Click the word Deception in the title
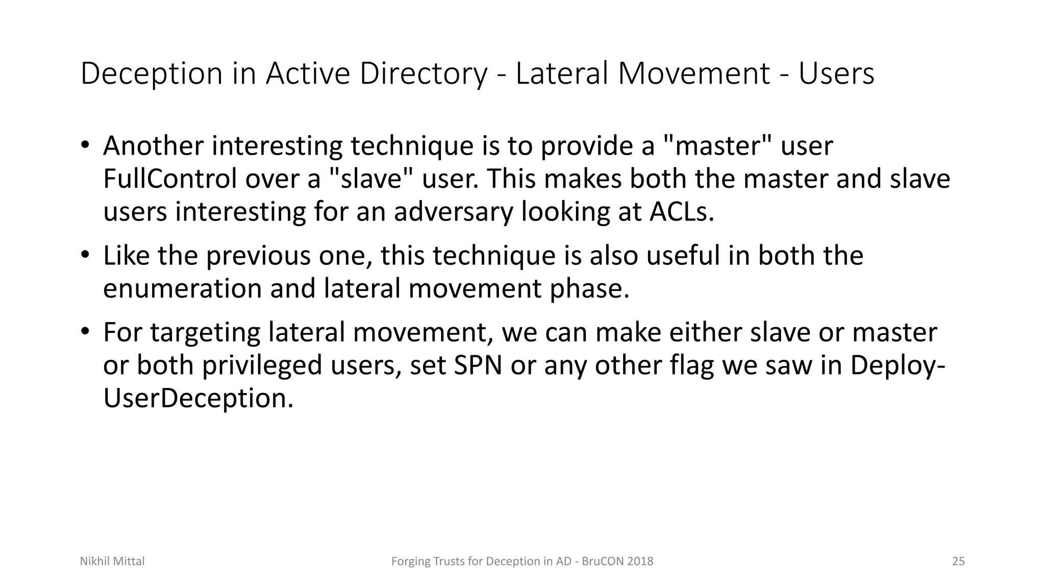152,74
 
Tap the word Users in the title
836,74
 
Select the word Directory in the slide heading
423,74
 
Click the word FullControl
170,179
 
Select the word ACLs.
681,212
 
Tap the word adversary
453,212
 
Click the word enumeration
182,289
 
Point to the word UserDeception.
198,399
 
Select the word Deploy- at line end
898,365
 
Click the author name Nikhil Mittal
112,561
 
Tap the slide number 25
958,561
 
